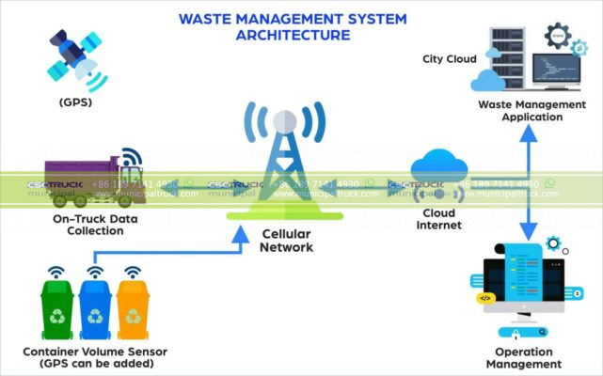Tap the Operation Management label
point(517,357)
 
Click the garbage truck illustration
point(94,179)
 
